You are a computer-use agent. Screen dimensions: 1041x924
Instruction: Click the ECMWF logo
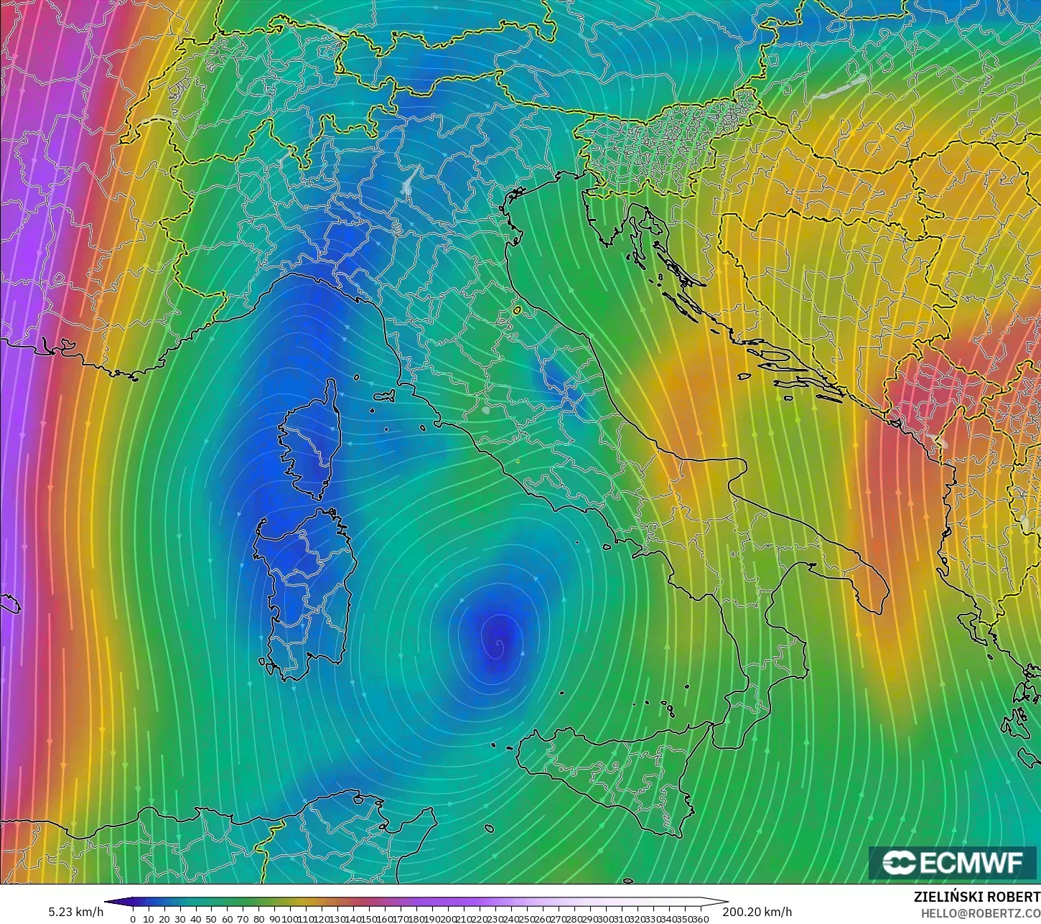[953, 862]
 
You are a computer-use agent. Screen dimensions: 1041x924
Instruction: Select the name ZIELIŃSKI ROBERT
[976, 897]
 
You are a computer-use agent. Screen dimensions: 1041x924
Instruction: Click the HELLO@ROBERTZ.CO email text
[981, 913]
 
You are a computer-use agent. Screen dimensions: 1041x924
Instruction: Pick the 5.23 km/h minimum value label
[75, 912]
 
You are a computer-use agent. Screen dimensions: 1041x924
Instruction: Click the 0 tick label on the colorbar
[133, 919]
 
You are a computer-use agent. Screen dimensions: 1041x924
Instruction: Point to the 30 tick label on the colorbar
[179, 919]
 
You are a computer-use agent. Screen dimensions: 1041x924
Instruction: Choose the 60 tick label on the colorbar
[227, 919]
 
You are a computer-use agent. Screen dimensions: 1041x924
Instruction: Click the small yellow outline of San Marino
[517, 311]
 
